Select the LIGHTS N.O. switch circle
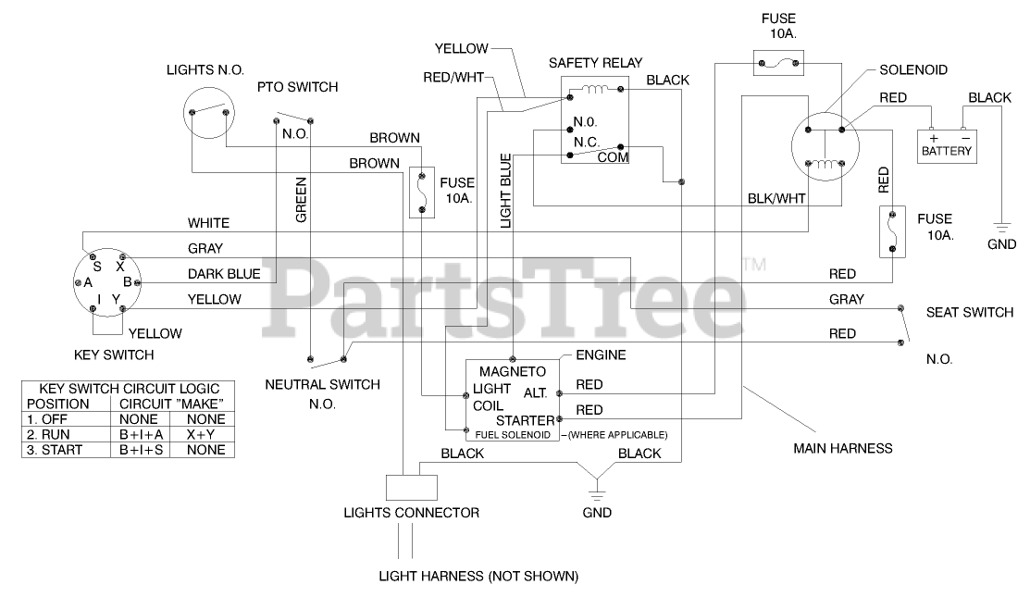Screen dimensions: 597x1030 click(x=207, y=113)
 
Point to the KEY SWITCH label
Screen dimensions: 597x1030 click(x=113, y=354)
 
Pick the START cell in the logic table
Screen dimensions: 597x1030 click(x=60, y=450)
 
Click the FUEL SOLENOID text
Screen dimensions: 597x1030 click(x=513, y=434)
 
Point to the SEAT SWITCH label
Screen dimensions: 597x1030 click(x=969, y=313)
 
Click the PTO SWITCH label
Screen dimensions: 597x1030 click(x=297, y=87)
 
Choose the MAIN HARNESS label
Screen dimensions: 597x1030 click(x=842, y=448)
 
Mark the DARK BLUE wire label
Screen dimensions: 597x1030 click(x=224, y=274)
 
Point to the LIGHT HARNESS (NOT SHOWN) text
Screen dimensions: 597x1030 click(x=478, y=576)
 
